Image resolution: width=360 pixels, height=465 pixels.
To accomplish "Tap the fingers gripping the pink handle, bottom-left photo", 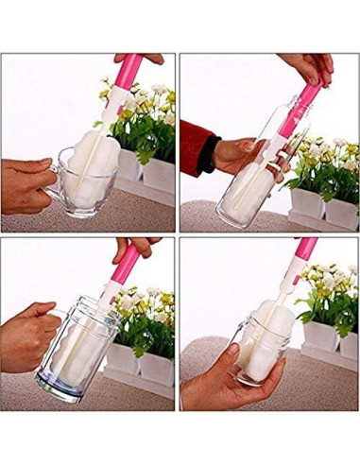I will (x=132, y=247).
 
